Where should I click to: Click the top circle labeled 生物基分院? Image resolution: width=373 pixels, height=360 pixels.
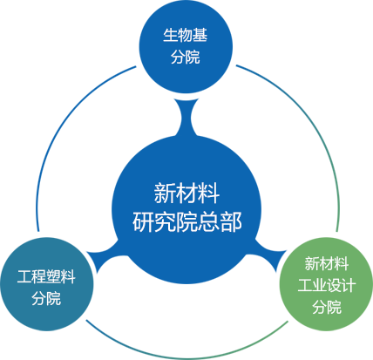coord(186,46)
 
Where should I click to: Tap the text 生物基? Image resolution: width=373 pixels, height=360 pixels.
coord(186,35)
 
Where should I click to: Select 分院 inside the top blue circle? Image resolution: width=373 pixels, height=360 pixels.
coord(186,57)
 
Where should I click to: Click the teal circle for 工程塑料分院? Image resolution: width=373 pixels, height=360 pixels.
coord(47,284)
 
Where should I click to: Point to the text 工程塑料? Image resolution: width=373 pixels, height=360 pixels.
coord(46,276)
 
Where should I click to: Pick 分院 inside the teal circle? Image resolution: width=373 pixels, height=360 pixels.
coord(46,298)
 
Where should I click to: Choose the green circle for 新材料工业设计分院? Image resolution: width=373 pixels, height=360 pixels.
coord(326,284)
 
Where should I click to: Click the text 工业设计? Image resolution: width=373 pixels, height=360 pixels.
coord(327,285)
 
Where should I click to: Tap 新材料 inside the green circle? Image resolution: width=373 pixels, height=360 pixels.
coord(327,263)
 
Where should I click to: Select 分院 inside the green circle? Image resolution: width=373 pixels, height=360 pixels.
coord(327,307)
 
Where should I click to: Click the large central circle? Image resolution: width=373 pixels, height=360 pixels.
coord(186,209)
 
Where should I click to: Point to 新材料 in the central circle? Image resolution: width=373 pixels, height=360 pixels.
coord(186,194)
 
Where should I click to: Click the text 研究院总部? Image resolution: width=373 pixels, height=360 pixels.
coord(187,222)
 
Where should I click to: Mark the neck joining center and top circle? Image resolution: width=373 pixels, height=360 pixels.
coord(186,118)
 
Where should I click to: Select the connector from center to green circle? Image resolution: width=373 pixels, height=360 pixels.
coord(268,255)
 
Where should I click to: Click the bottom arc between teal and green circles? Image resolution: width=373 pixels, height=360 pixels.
coord(186,358)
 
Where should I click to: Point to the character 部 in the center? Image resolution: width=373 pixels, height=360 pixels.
coord(231,222)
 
